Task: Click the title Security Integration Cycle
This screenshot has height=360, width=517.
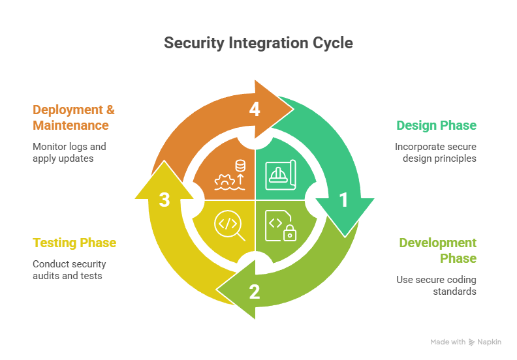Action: [x=258, y=43]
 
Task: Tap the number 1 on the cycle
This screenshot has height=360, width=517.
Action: [x=343, y=200]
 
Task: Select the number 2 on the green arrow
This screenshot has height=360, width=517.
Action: [x=255, y=292]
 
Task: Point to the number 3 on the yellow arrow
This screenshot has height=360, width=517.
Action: [x=165, y=200]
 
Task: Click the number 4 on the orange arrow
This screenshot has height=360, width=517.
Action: [x=255, y=110]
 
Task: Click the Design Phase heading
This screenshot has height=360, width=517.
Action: [x=436, y=125]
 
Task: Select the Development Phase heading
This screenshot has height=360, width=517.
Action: [x=437, y=250]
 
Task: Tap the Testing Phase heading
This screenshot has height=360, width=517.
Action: [x=74, y=243]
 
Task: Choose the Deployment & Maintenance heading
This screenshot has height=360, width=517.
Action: [x=73, y=117]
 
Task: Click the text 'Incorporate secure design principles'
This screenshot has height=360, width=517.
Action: [x=435, y=152]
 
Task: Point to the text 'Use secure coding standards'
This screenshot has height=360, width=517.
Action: [x=436, y=286]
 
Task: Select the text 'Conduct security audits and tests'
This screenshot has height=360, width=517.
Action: [x=69, y=269]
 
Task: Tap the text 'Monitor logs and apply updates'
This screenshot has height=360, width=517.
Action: [x=69, y=152]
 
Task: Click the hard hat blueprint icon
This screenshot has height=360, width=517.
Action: [x=281, y=175]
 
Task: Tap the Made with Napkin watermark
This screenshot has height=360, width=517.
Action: [x=465, y=342]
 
